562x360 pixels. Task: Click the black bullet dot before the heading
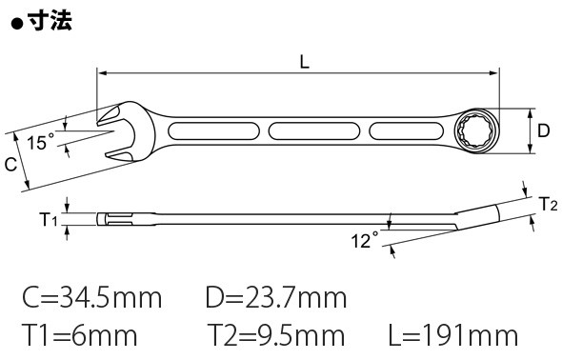click(x=17, y=25)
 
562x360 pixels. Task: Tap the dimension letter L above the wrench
click(x=304, y=62)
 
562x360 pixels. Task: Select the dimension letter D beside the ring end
click(x=543, y=130)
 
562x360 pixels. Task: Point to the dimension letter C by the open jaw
click(x=10, y=165)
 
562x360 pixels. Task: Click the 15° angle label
click(x=41, y=142)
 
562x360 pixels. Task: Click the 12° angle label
click(x=365, y=240)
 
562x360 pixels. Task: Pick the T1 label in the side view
click(x=49, y=219)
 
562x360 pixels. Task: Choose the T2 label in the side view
click(x=549, y=204)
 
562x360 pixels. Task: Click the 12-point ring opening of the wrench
click(x=475, y=130)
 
